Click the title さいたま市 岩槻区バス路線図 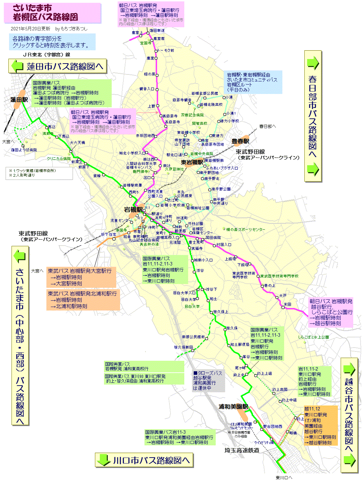[x=45, y=13]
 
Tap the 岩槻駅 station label [x=133, y=210]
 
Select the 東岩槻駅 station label [x=192, y=162]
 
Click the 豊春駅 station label [x=240, y=141]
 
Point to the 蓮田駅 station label [x=19, y=100]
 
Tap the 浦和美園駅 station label [x=233, y=407]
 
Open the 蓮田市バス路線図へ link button [x=58, y=66]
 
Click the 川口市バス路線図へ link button [x=144, y=460]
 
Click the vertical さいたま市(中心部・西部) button [x=20, y=335]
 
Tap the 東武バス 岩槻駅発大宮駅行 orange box [x=81, y=277]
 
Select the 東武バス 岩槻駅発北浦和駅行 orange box [x=83, y=300]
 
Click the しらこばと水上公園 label [x=313, y=337]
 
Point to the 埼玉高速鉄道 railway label [x=242, y=451]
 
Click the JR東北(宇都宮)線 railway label [x=46, y=54]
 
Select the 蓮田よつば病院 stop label [x=24, y=150]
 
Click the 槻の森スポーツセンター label [x=245, y=229]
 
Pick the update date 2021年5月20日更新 [x=30, y=29]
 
